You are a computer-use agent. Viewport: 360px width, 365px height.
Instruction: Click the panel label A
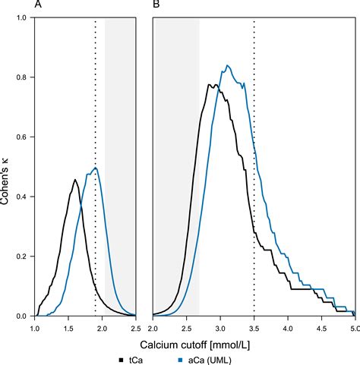coord(38,6)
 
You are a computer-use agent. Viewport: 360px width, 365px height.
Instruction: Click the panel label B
coord(156,6)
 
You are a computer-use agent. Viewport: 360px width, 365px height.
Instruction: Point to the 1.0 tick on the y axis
coord(23,19)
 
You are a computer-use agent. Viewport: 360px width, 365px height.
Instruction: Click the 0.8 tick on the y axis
coord(23,78)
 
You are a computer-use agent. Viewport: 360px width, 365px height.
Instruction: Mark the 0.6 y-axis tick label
coord(23,137)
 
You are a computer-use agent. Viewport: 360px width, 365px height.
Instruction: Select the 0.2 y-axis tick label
coord(23,256)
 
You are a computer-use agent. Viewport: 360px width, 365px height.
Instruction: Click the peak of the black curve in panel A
coord(75,180)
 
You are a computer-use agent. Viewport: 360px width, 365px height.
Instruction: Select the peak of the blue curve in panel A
coord(95,168)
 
